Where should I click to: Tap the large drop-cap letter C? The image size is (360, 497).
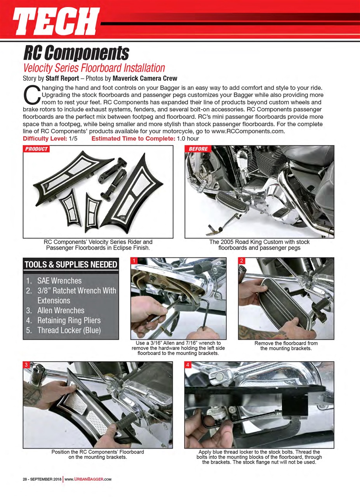(31, 94)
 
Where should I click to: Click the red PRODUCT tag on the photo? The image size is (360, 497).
(37, 149)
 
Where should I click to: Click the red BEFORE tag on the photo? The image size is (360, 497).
(198, 149)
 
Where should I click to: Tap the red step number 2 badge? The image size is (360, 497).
(242, 261)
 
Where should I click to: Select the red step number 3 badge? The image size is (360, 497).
(26, 365)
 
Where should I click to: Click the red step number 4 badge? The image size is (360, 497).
(188, 365)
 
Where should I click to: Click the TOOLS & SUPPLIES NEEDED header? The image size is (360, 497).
(71, 265)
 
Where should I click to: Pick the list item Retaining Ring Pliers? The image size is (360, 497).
(69, 320)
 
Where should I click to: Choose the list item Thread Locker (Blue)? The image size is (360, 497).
(69, 330)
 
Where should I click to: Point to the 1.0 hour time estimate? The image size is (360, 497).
(188, 139)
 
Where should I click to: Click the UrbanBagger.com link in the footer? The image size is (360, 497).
(88, 479)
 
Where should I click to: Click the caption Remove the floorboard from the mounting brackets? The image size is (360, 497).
(286, 346)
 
